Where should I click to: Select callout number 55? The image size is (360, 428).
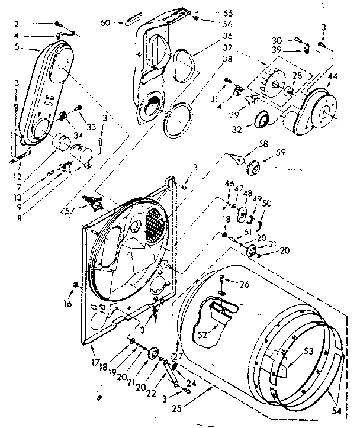(x=211, y=11)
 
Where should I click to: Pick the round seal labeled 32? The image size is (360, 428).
(x=261, y=121)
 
